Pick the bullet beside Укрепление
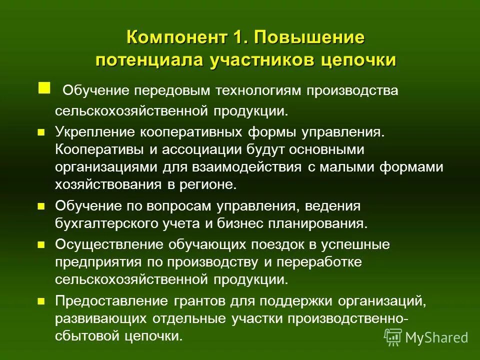click(41, 132)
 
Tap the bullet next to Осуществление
click(41, 245)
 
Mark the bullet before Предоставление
click(41, 301)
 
